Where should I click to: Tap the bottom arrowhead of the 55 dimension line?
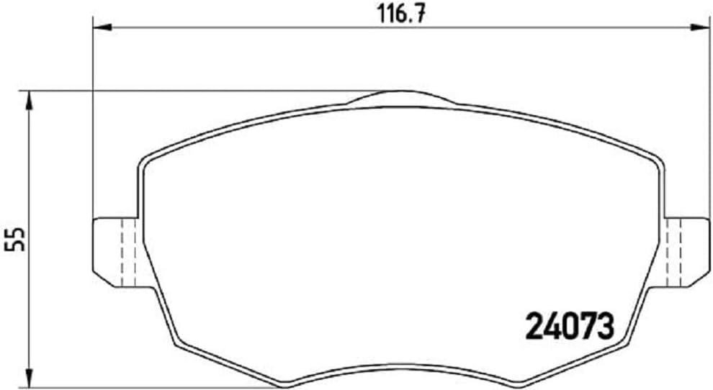coord(29,377)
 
